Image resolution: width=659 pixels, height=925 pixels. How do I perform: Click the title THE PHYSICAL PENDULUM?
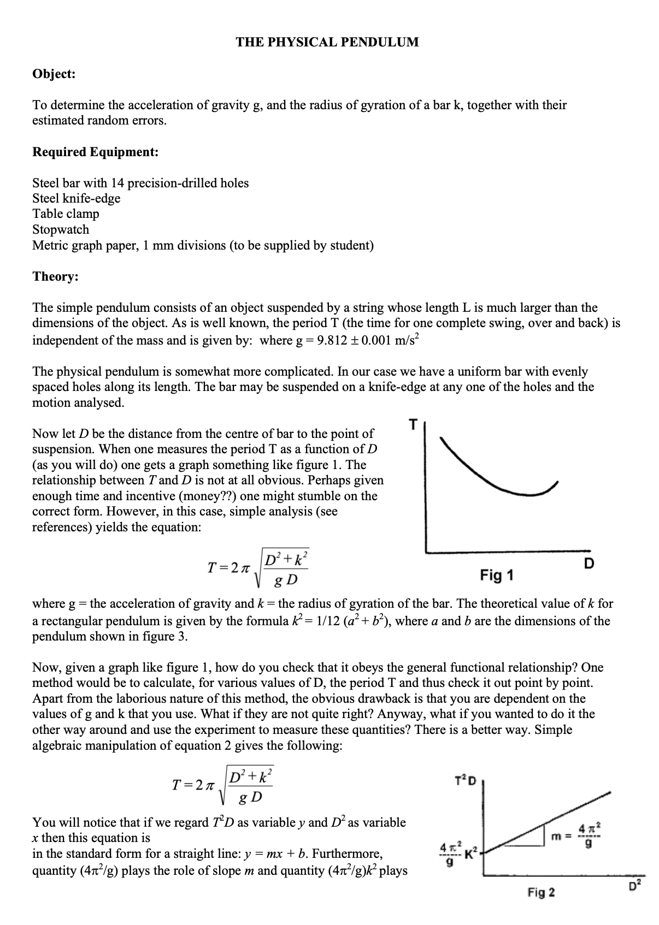[327, 42]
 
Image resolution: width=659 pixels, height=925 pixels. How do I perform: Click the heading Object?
[54, 74]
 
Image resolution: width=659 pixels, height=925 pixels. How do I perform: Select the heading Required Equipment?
[95, 152]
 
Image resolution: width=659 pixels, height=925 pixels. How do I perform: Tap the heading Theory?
[55, 276]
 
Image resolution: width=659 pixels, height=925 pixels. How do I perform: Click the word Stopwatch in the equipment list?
[61, 229]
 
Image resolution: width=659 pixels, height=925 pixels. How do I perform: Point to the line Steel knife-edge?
[76, 198]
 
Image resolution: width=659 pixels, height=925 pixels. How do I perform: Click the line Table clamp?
[66, 214]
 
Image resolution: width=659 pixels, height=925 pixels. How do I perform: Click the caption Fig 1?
[496, 575]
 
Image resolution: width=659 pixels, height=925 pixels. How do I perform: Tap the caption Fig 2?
[541, 892]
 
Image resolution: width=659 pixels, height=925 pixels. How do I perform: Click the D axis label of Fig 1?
[589, 563]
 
